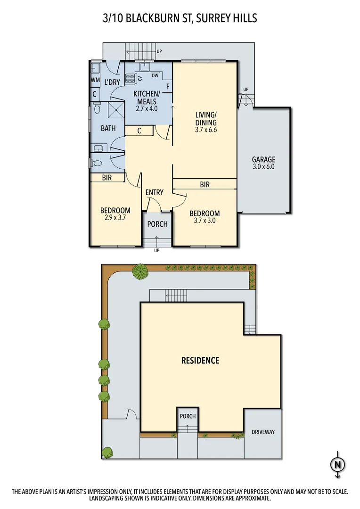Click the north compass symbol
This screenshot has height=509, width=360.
tap(337, 464)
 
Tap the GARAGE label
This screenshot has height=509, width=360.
tap(263, 159)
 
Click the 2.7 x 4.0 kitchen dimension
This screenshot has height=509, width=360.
tap(147, 108)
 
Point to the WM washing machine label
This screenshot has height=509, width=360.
tap(95, 80)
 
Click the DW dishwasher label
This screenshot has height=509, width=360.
tap(155, 75)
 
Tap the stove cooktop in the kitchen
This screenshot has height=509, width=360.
tap(131, 79)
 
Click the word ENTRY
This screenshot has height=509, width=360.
tap(154, 192)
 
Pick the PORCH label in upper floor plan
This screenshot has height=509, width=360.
tap(157, 224)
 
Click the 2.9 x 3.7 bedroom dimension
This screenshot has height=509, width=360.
tap(115, 218)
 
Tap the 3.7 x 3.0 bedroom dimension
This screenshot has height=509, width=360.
tap(205, 220)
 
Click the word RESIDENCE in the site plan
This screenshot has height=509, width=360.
tap(200, 361)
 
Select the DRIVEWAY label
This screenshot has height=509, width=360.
tap(262, 432)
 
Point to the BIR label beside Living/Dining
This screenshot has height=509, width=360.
tap(205, 185)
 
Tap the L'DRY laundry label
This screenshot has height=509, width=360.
tap(112, 82)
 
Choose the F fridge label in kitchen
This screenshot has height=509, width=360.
tap(167, 86)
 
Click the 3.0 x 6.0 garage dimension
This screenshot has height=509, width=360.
tap(263, 167)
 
